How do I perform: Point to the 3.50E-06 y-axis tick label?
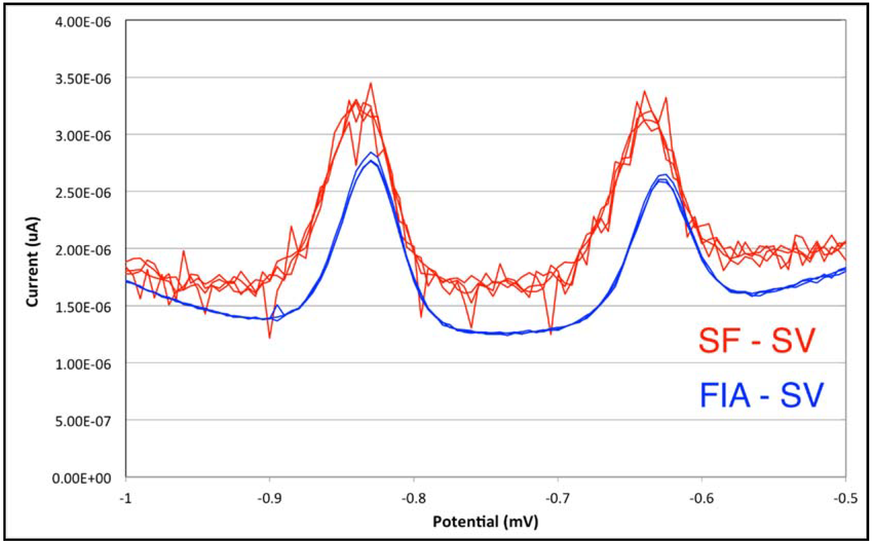click(83, 79)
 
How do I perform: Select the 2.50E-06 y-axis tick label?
click(83, 193)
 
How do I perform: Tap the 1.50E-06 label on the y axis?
click(83, 307)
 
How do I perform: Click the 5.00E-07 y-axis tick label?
click(83, 421)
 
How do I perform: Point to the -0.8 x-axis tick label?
click(413, 499)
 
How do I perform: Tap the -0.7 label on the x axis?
click(557, 499)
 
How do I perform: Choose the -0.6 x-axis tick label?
click(701, 499)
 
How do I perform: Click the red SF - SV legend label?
click(756, 341)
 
